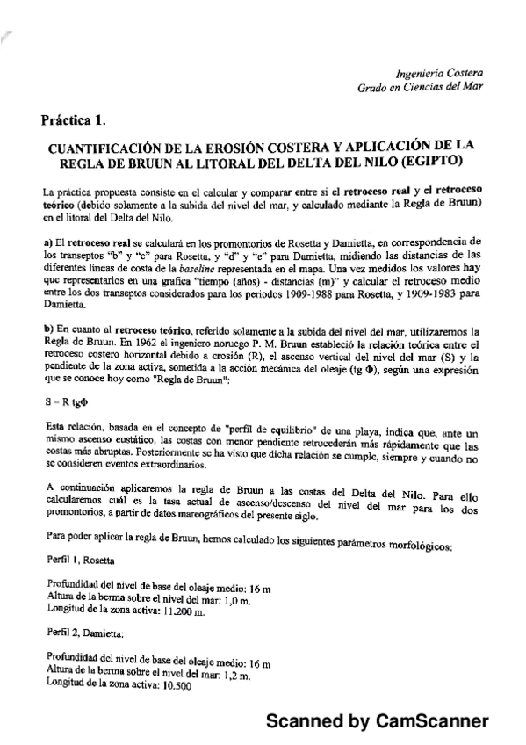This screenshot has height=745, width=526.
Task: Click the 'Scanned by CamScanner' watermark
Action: coord(376,721)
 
